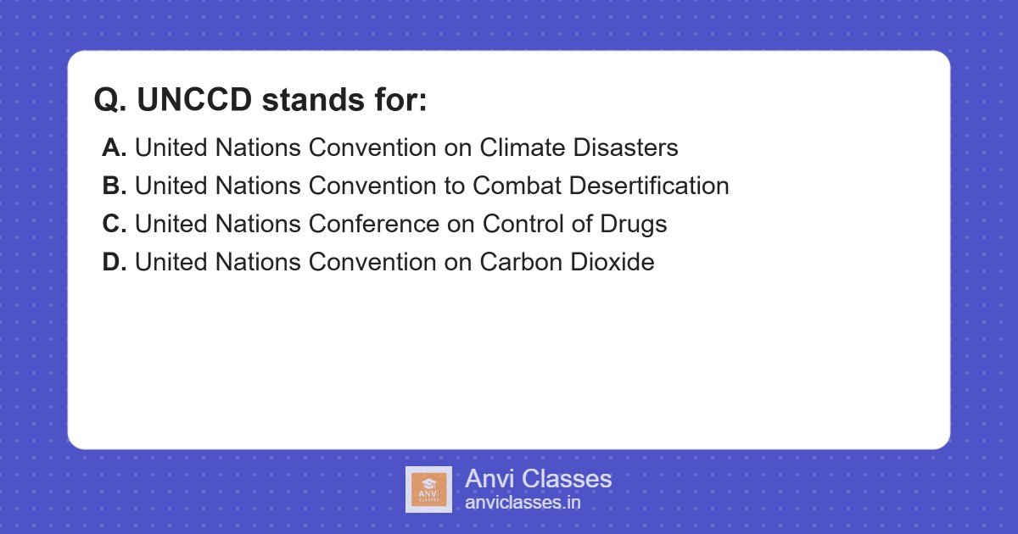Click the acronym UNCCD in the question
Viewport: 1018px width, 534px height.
click(x=194, y=99)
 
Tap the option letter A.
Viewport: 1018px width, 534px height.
click(x=114, y=147)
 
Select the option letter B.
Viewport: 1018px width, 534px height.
click(x=114, y=186)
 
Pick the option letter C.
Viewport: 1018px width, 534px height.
click(x=114, y=224)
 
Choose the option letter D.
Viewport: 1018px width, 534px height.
click(x=114, y=262)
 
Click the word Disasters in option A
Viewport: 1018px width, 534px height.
click(x=625, y=147)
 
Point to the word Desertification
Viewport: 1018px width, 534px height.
click(x=649, y=186)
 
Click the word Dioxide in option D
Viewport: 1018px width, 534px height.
click(x=612, y=262)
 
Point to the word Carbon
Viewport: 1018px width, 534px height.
click(x=521, y=262)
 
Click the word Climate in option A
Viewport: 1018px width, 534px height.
click(x=523, y=147)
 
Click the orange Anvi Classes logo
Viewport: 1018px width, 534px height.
click(x=428, y=490)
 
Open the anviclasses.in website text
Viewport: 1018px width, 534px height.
click(x=523, y=502)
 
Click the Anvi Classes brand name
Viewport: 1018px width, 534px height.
click(x=538, y=479)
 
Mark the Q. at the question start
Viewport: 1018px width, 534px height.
click(x=110, y=100)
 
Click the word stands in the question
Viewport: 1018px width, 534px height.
click(x=313, y=99)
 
